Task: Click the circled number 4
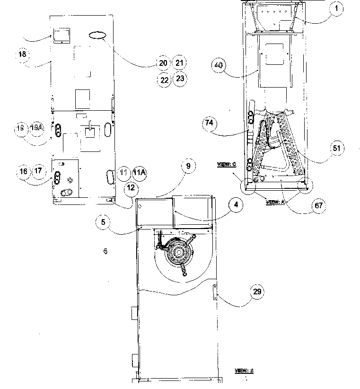click(233, 205)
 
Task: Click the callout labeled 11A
click(139, 173)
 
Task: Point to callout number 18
click(22, 54)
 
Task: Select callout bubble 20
click(164, 63)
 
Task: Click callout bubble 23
click(180, 79)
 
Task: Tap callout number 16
click(23, 172)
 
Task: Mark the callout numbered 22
click(164, 80)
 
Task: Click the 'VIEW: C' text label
click(227, 164)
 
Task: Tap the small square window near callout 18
click(61, 35)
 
